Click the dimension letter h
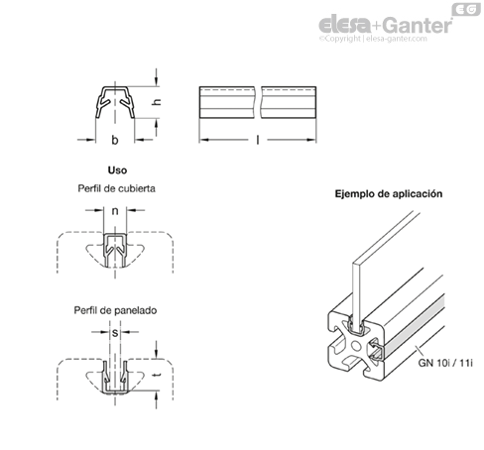(x=157, y=101)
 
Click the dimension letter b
(x=115, y=140)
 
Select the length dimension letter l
(x=258, y=140)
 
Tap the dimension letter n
(x=115, y=211)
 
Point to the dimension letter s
(x=115, y=333)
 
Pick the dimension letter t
(x=157, y=375)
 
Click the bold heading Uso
(x=117, y=170)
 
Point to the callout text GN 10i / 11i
(x=445, y=363)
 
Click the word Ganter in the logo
(x=419, y=25)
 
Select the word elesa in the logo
(x=345, y=25)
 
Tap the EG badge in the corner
(x=466, y=9)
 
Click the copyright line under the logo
(x=373, y=39)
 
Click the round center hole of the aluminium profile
(x=356, y=346)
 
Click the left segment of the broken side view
(x=227, y=102)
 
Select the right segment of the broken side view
(x=289, y=102)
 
